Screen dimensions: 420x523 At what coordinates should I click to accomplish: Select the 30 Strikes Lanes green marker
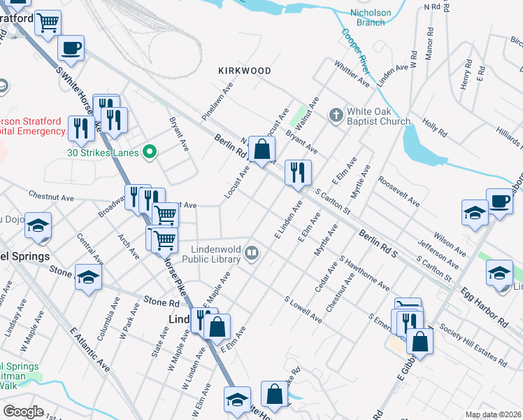tap(148, 151)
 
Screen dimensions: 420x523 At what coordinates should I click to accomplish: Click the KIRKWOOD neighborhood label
tap(244, 71)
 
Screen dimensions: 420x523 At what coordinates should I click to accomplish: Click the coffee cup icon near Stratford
tap(71, 48)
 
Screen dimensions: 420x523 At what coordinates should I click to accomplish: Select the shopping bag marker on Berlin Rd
tap(261, 149)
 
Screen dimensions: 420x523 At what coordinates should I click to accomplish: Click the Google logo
tap(23, 412)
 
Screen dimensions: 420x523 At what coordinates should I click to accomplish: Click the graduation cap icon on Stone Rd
tap(88, 277)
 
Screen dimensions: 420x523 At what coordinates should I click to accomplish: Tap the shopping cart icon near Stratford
tap(48, 22)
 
